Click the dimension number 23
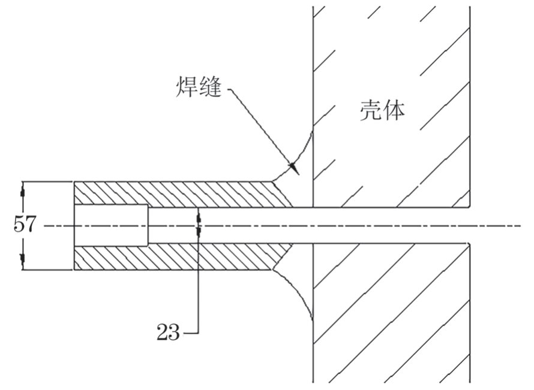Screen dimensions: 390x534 [x=169, y=331]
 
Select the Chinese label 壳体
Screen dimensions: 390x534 [x=382, y=111]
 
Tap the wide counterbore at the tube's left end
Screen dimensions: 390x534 [x=111, y=225]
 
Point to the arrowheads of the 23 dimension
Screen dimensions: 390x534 [x=199, y=225]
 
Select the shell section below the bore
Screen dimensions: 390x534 [x=390, y=312]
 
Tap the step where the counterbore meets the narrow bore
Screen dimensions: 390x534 [x=148, y=225]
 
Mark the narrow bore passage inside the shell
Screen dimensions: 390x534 [x=390, y=226]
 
